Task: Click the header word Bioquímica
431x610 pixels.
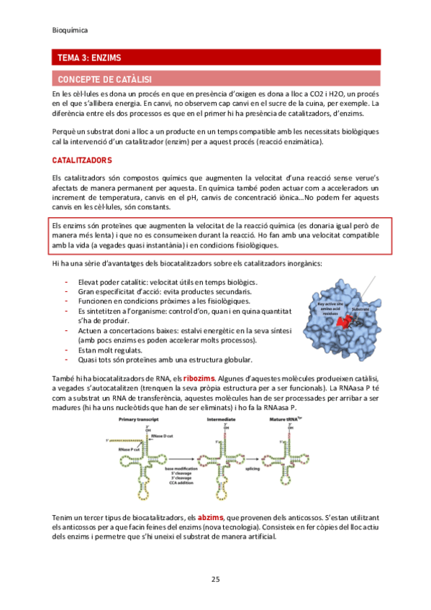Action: (71, 30)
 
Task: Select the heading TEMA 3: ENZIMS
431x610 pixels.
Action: (89, 58)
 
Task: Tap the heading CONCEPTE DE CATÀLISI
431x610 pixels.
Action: (104, 78)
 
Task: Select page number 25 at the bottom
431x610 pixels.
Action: (215, 580)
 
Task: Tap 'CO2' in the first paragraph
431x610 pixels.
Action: (330, 95)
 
